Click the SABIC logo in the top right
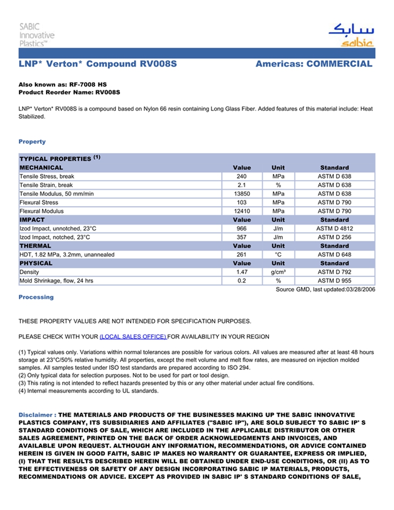pos(350,35)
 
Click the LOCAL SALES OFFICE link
pos(133,337)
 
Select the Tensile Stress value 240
pos(242,177)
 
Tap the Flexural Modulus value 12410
pos(242,212)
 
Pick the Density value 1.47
pos(242,272)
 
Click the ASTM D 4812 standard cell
pos(334,229)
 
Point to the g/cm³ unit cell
pos(278,272)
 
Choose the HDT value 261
pos(242,255)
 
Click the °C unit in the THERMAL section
pos(278,255)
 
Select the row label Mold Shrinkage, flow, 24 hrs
pos(56,281)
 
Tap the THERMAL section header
pos(35,246)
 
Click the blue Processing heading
pos(36,297)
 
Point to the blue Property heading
pos(32,142)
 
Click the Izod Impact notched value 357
pos(242,238)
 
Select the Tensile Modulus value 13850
pos(242,194)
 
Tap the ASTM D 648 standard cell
pos(334,255)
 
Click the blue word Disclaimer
pos(36,415)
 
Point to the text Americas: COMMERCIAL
pos(314,64)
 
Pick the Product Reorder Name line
pos(69,92)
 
